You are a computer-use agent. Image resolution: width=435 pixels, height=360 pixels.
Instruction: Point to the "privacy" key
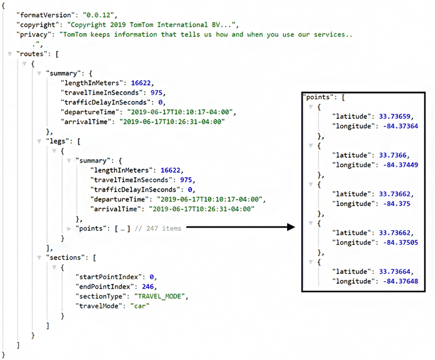(x=33, y=35)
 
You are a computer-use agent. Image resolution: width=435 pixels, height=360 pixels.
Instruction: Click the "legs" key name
(x=58, y=140)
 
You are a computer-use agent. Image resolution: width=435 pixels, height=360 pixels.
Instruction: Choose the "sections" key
(x=66, y=257)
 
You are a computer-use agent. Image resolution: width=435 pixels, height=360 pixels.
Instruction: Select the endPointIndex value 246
(x=149, y=286)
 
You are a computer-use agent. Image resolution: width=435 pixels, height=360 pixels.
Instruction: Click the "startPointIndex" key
(x=107, y=277)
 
